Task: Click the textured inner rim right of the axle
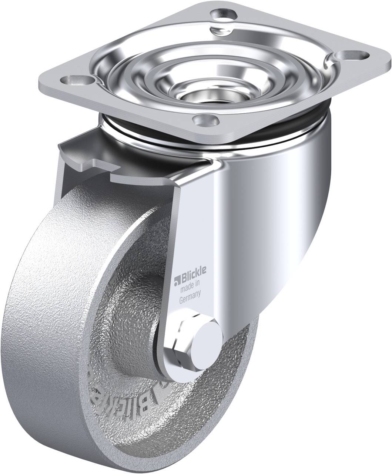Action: click(x=237, y=355)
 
